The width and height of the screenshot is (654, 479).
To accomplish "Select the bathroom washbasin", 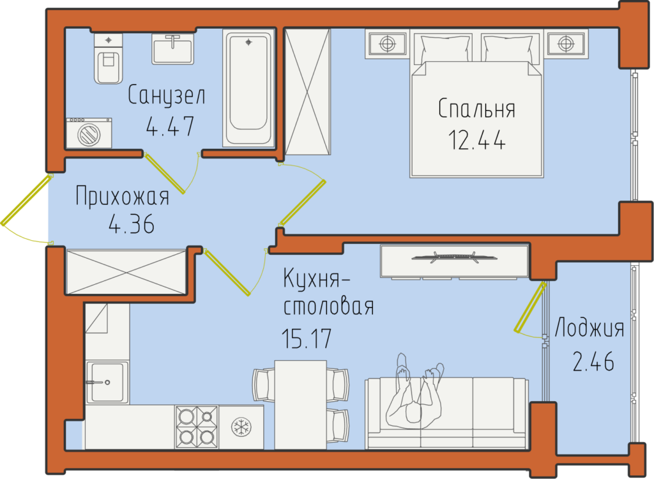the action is pos(172,49).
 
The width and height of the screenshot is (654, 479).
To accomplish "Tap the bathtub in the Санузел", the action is pos(248,87).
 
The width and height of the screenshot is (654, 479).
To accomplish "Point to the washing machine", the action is pos(89,133).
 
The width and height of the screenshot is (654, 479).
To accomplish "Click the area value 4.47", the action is pos(170,126).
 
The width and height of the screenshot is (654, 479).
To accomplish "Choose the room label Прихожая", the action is pos(122,196).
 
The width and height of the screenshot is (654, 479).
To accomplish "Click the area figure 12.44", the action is pos(476,140).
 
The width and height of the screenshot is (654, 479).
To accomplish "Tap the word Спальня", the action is pos(476,109).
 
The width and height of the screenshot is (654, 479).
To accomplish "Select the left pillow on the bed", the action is pos(446,49).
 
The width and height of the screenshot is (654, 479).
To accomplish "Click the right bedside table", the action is pos(566,43).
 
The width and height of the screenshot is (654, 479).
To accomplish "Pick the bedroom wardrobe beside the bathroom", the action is pos(307,92).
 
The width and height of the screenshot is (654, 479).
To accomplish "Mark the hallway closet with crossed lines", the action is pos(126,271).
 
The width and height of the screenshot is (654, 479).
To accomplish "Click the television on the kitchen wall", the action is pos(454,257).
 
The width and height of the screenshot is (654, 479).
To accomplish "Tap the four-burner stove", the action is pos(197,427).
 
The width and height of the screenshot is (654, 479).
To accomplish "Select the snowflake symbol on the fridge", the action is pos(241,427).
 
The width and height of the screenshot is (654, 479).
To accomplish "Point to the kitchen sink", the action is pos(107,382).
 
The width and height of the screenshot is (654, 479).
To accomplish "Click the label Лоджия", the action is pos(589,328).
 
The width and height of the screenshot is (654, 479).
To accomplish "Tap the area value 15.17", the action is pos(307,338).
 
